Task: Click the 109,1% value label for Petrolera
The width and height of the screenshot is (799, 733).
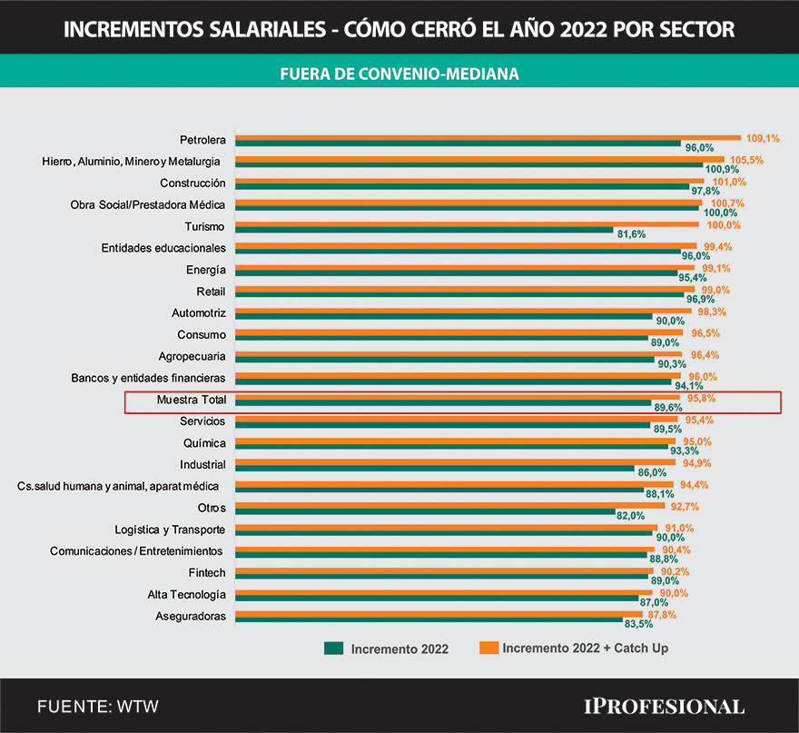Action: pyautogui.click(x=763, y=138)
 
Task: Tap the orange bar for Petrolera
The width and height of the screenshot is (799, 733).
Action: pyautogui.click(x=488, y=137)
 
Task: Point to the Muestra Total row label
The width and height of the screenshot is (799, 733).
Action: pyautogui.click(x=191, y=400)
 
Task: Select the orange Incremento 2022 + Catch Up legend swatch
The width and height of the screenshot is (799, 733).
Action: pyautogui.click(x=489, y=649)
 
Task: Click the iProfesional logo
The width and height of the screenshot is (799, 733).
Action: pyautogui.click(x=664, y=706)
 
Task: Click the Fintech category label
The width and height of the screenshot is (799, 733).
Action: pyautogui.click(x=207, y=573)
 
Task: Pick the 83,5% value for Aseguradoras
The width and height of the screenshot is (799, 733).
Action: pyautogui.click(x=639, y=624)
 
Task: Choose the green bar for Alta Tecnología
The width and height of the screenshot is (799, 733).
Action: pyautogui.click(x=436, y=599)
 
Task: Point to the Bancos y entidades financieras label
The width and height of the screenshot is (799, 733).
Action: pyautogui.click(x=148, y=378)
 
